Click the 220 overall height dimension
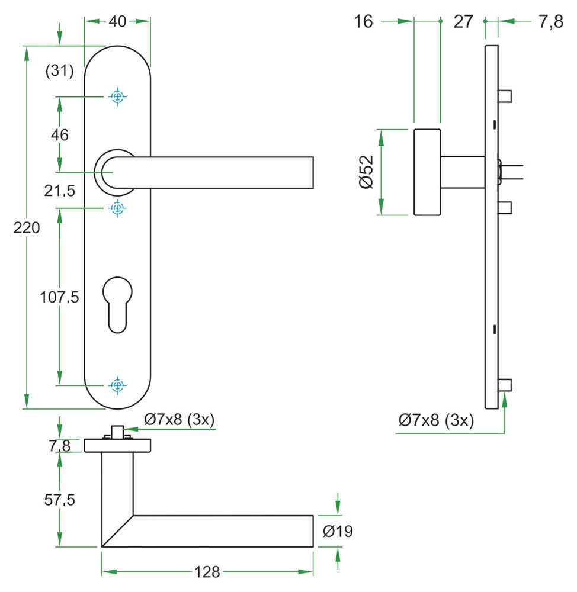click(x=27, y=227)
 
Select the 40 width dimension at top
click(x=118, y=21)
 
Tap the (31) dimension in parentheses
click(x=60, y=72)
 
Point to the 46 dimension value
click(x=59, y=135)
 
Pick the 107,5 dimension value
click(x=59, y=297)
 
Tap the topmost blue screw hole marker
click(x=118, y=96)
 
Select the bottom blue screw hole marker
click(x=118, y=385)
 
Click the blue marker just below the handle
click(x=118, y=208)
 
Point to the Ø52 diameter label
click(x=366, y=172)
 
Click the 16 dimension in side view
click(x=364, y=22)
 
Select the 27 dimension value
click(x=463, y=22)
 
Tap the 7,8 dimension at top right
click(x=550, y=22)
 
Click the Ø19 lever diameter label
click(x=338, y=531)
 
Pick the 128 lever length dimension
click(x=207, y=572)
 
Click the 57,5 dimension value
click(x=59, y=500)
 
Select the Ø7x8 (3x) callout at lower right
click(x=436, y=420)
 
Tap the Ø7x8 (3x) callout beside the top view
click(x=179, y=420)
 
